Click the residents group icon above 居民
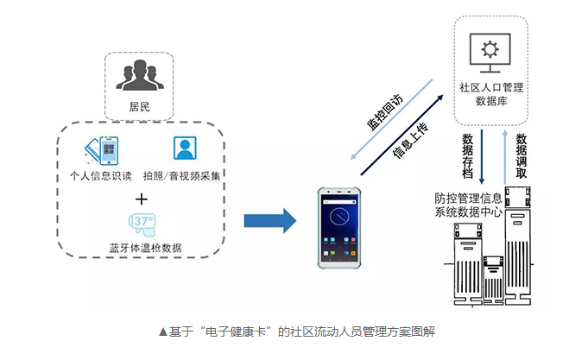pyautogui.click(x=139, y=75)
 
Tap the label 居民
pyautogui.click(x=139, y=106)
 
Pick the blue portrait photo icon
pyautogui.click(x=184, y=150)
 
